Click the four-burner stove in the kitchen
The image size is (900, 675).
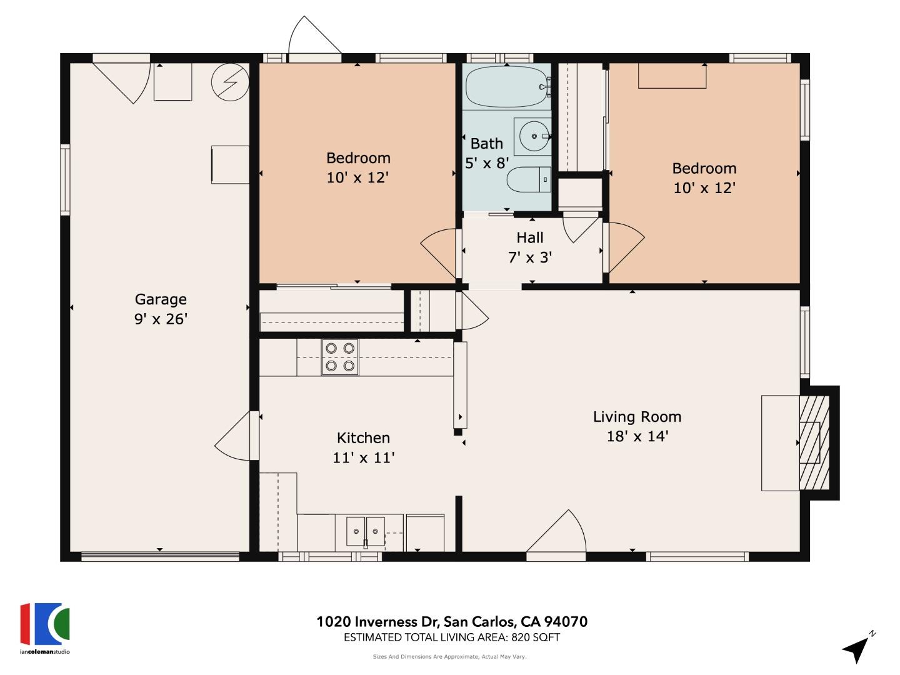point(340,357)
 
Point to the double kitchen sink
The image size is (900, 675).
point(366,531)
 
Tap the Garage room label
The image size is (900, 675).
point(161,299)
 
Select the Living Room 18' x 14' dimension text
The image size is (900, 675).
point(637,436)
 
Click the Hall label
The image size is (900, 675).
point(530,237)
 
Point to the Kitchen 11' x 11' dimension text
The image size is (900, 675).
point(363,458)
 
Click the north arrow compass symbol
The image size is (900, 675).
point(857,648)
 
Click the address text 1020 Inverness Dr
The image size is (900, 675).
point(452,622)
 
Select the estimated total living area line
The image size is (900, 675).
point(452,637)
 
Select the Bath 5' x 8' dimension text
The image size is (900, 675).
point(487,163)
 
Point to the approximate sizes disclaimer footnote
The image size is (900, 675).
point(449,657)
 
